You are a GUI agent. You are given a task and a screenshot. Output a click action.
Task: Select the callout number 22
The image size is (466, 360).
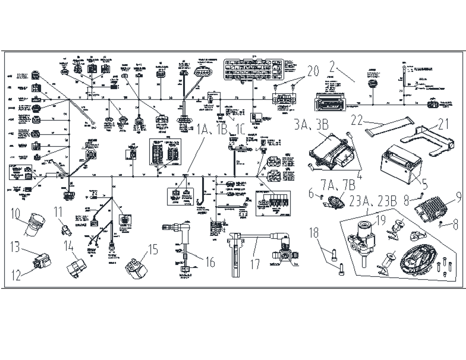pos(356,120)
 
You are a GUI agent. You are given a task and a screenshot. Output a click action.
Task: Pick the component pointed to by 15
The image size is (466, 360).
pos(134,266)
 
